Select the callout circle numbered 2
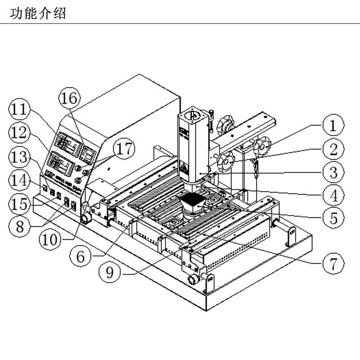332,149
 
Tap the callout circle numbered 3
332,171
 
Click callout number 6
81,256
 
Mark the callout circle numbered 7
332,262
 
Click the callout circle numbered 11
19,110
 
